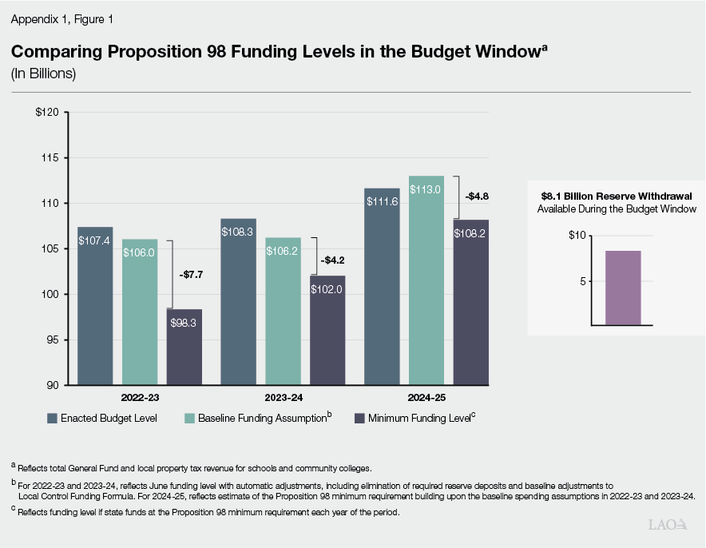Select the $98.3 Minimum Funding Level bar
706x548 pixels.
184,347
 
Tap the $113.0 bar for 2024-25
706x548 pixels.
426,280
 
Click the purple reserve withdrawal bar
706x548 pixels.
623,288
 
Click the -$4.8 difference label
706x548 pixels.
478,196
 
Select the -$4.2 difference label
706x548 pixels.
333,259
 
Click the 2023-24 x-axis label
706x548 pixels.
283,397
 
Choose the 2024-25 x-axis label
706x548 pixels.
426,397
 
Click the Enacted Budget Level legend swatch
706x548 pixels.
52,418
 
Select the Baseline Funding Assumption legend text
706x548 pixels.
262,418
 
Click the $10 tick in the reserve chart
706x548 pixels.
577,236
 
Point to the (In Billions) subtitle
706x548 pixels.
43,73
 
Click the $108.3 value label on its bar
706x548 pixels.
238,232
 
